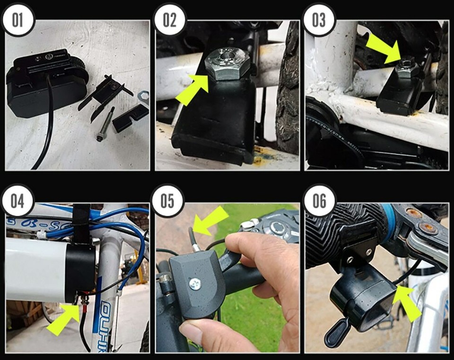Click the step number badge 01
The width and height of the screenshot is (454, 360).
17,20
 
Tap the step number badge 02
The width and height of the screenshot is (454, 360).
169,20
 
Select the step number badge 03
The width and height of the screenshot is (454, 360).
319,20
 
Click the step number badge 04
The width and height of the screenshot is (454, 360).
17,201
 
